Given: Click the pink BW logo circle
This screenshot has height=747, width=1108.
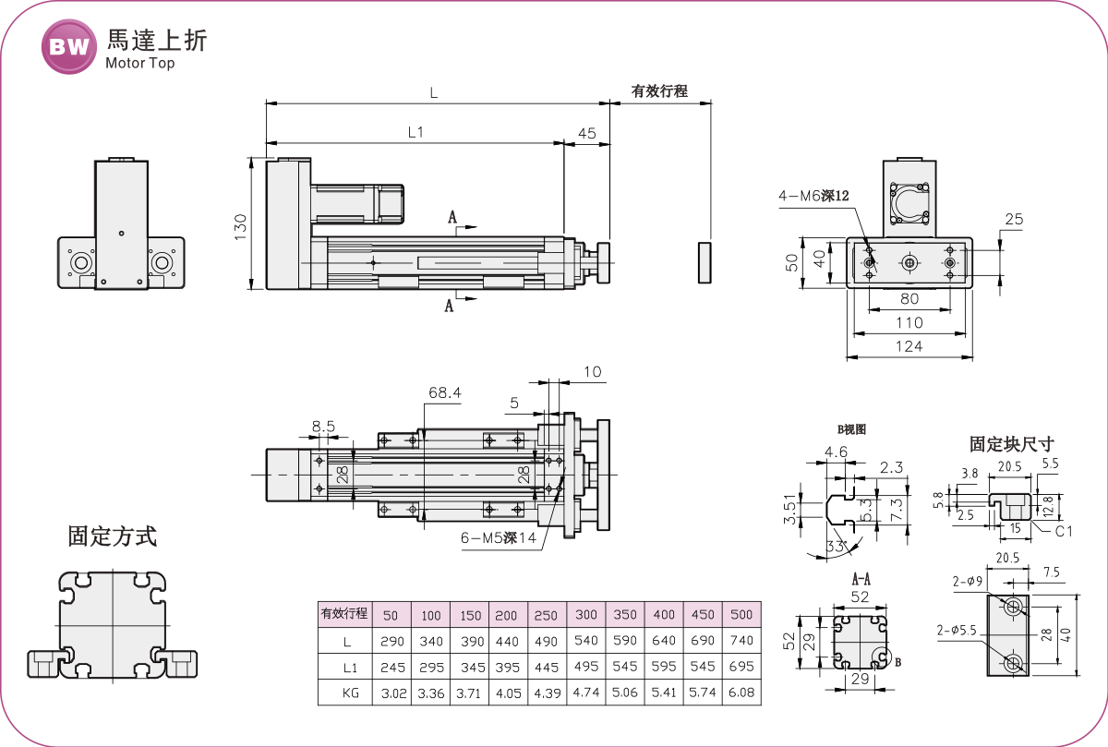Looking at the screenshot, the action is tap(68, 47).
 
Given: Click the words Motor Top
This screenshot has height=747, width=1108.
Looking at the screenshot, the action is tap(140, 64).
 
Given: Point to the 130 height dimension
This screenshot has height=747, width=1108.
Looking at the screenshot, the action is tap(240, 227).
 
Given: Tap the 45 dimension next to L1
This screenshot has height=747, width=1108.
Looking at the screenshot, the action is tap(586, 133).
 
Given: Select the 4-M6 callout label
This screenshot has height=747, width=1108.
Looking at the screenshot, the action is tap(813, 196).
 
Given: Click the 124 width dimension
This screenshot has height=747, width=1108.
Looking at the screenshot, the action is tap(909, 346).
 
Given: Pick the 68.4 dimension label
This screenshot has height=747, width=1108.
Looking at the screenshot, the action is tap(445, 392).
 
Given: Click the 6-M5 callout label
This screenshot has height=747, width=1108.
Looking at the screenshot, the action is tap(499, 537).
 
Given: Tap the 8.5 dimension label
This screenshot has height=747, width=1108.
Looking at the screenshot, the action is tap(323, 426).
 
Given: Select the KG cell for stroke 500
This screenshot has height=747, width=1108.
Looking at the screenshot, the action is tap(741, 693).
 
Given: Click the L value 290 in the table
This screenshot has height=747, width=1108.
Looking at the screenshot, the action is tap(391, 641).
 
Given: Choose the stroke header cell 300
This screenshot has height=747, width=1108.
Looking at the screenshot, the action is tap(586, 614).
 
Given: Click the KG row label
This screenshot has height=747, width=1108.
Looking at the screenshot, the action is tap(350, 693).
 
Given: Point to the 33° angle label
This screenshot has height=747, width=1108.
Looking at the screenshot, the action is tap(837, 547).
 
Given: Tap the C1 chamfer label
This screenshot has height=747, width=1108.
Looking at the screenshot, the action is tap(1064, 531).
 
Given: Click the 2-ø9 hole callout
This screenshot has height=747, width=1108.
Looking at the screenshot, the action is tap(968, 582).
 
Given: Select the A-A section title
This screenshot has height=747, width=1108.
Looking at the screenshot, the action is tap(861, 579).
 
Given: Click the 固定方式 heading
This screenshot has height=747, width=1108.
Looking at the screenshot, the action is tap(113, 536).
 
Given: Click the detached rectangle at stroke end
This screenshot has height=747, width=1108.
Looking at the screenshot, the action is tap(705, 262).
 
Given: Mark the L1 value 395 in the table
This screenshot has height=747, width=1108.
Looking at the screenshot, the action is tap(507, 668).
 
